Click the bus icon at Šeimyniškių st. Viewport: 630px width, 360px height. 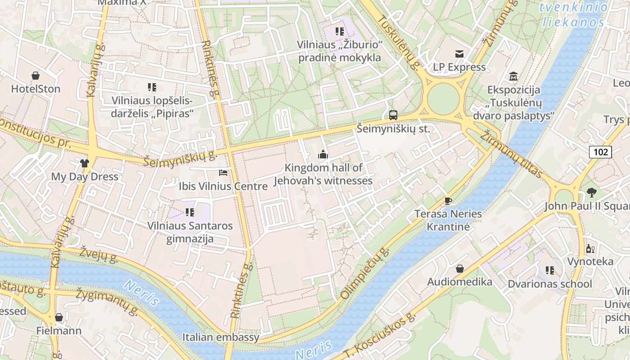click(x=393, y=115)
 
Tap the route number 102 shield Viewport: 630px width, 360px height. click(x=600, y=152)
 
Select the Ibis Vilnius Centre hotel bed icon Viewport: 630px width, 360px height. click(x=223, y=172)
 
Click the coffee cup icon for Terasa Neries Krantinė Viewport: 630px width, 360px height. click(x=448, y=201)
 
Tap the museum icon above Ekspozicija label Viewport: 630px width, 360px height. click(x=513, y=76)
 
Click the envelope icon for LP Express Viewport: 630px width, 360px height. click(x=459, y=54)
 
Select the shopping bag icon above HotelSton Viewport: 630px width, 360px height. click(x=36, y=76)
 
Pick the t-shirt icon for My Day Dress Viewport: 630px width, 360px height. click(x=85, y=163)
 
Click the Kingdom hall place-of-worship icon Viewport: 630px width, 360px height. click(x=323, y=155)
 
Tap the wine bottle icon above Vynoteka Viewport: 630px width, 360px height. click(x=590, y=248)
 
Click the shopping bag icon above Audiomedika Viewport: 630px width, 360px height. click(x=460, y=269)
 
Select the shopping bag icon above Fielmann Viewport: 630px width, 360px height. click(x=59, y=318)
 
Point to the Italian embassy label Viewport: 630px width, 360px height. click(x=221, y=337)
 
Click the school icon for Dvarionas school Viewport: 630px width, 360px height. click(x=550, y=270)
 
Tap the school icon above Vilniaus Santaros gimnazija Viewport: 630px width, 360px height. click(x=190, y=212)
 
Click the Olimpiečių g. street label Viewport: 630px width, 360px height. click(x=364, y=274)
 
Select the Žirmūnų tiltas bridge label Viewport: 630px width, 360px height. click(x=511, y=154)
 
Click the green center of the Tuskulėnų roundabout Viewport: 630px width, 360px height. click(x=443, y=99)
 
